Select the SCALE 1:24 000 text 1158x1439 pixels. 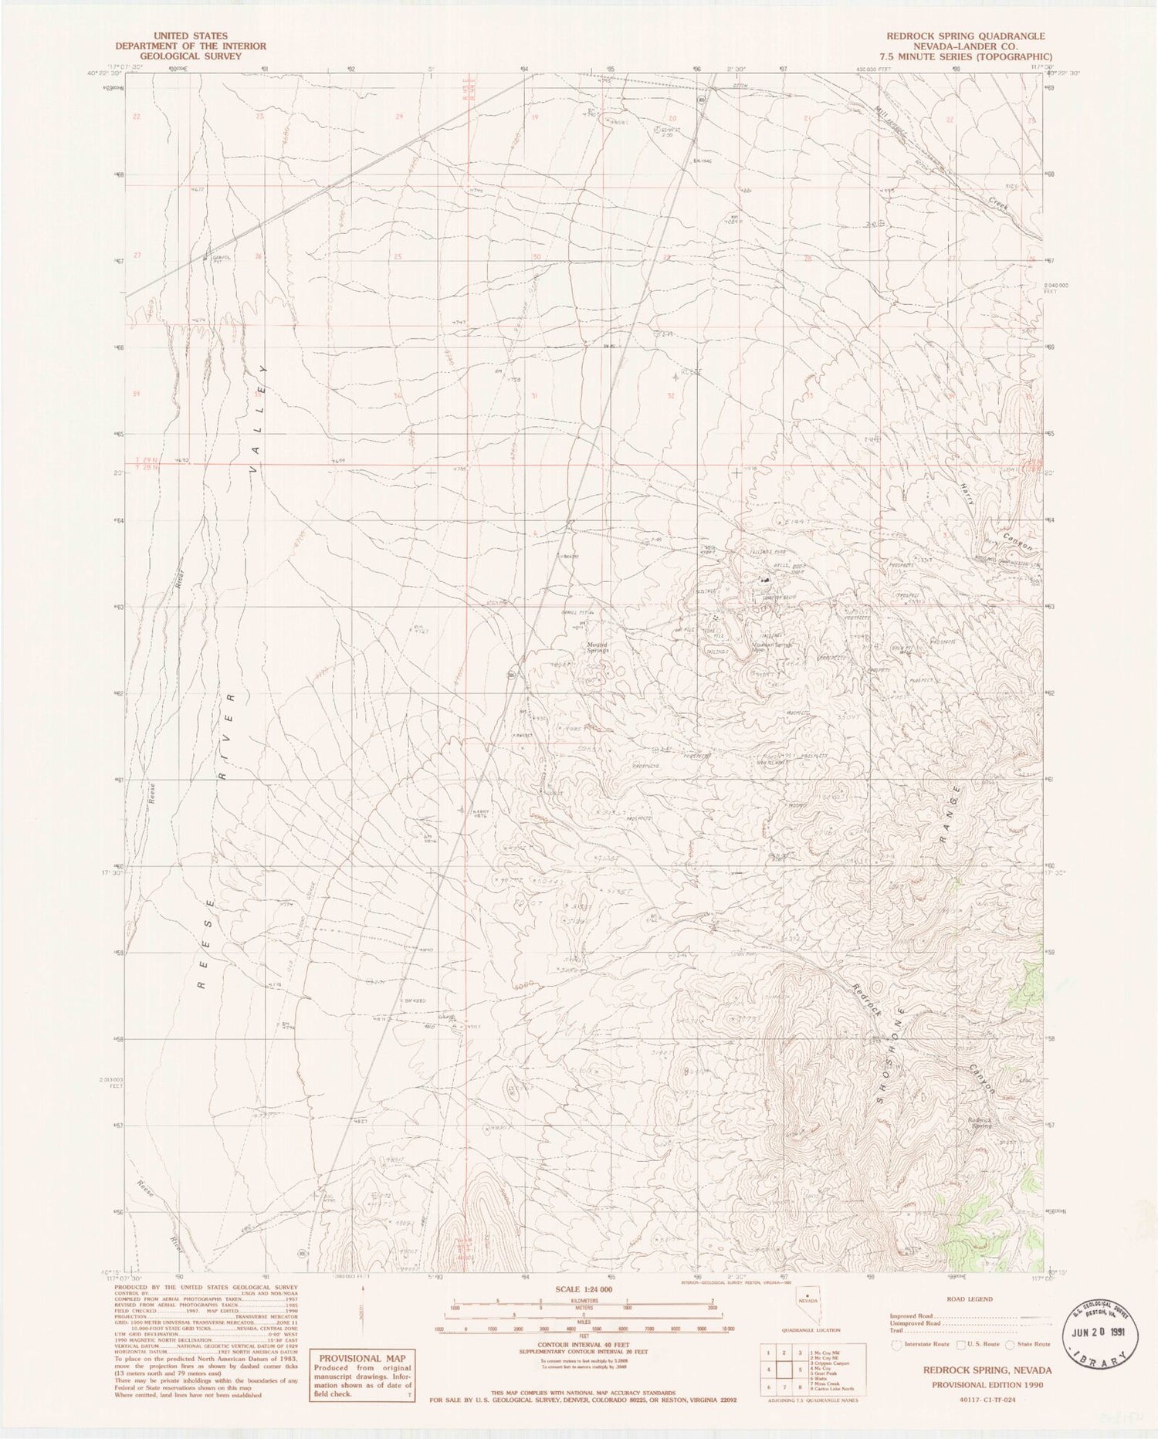pyautogui.click(x=583, y=1290)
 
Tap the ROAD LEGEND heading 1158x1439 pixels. pyautogui.click(x=970, y=1299)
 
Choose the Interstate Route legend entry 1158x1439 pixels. pyautogui.click(x=923, y=1344)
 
